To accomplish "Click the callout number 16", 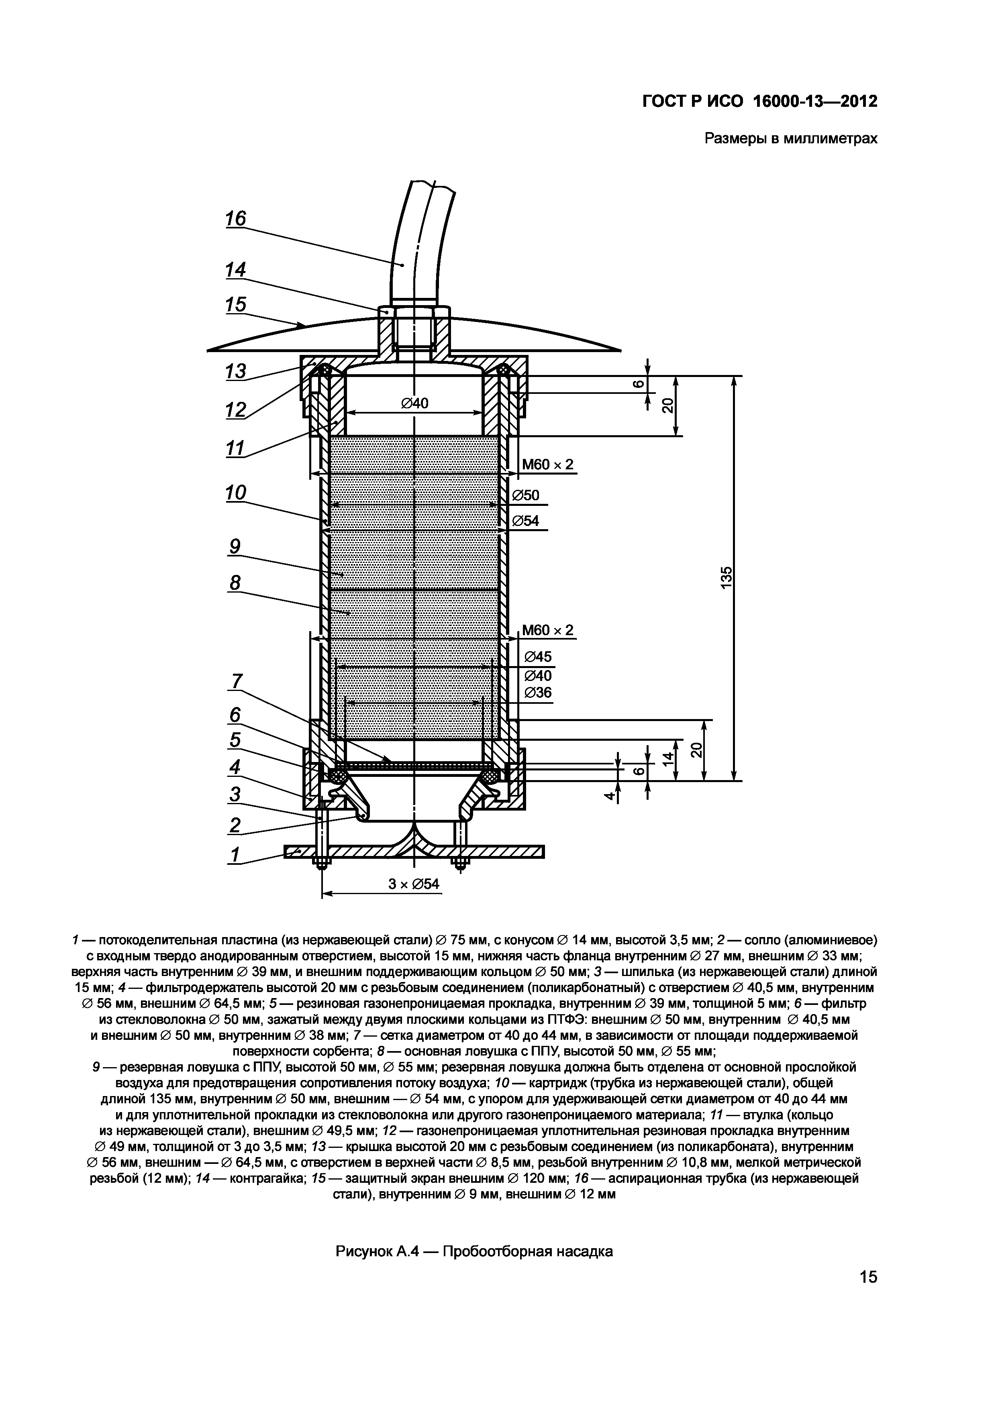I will point(235,219).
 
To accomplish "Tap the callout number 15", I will point(235,305).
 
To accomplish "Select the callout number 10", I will point(235,493).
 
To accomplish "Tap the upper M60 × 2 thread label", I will point(547,465).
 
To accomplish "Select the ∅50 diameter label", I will point(526,495).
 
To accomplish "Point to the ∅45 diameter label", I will point(538,657).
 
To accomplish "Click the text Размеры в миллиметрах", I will point(790,139).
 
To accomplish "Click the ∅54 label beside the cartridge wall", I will point(526,521).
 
